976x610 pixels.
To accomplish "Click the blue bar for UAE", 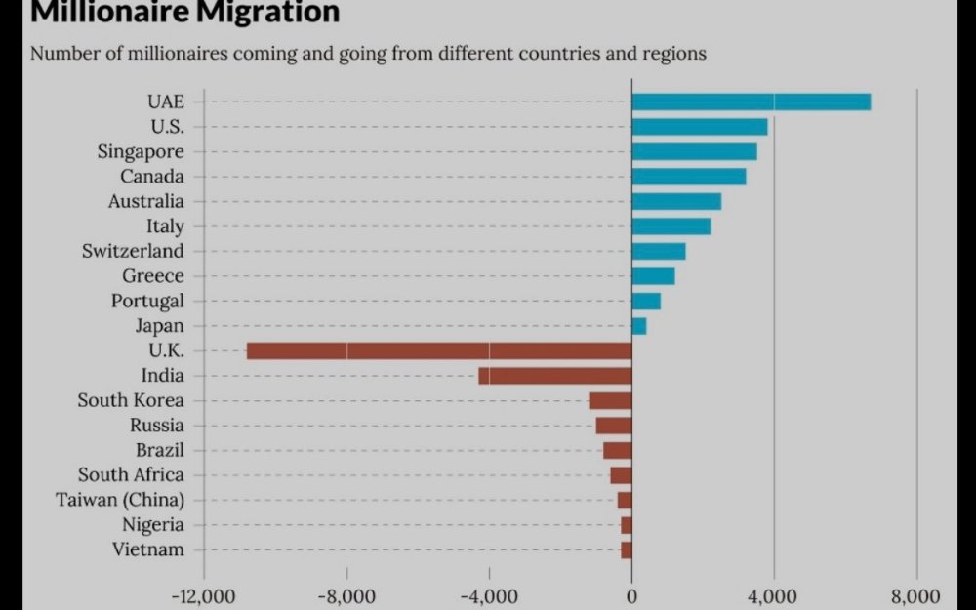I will click(x=751, y=102).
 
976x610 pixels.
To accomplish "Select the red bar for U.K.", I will click(x=439, y=350).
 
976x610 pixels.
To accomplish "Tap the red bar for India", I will click(x=554, y=376).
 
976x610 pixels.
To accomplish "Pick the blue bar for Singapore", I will click(x=694, y=151).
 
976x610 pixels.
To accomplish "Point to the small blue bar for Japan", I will click(x=638, y=326).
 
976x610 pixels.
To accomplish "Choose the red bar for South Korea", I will click(x=610, y=400).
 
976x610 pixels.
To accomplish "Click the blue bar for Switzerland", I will click(x=659, y=251).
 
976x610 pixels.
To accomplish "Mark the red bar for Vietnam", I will click(x=627, y=549).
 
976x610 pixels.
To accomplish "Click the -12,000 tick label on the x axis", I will click(x=204, y=596).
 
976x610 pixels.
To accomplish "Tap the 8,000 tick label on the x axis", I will click(x=916, y=596).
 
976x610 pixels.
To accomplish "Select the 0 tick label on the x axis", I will click(x=631, y=596).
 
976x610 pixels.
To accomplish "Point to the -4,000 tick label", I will click(x=488, y=596).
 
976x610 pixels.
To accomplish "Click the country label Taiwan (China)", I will click(x=119, y=500).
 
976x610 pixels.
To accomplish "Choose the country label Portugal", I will click(x=146, y=301).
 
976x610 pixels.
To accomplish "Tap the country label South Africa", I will click(x=131, y=474).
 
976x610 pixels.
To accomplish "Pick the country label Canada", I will click(x=151, y=177).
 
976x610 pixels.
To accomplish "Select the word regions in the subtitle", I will click(x=672, y=53).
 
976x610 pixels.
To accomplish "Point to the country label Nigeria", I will click(x=152, y=525).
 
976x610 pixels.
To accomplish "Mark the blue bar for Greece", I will click(x=653, y=276).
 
